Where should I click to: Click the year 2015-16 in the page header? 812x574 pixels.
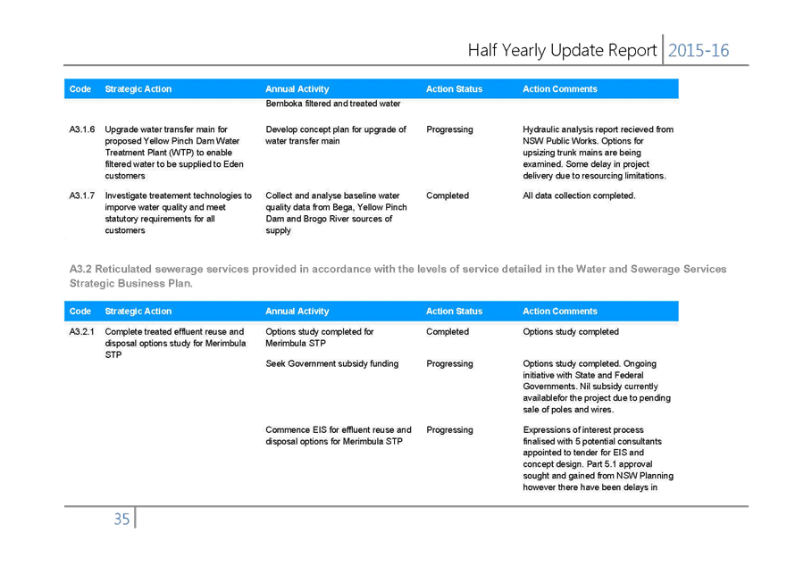point(698,51)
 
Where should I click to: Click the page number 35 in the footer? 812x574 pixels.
point(121,519)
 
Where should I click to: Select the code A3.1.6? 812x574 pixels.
point(82,129)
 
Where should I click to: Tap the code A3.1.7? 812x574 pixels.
point(82,195)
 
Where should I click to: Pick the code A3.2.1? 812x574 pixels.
point(82,332)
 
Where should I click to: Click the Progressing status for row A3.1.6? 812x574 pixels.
point(449,129)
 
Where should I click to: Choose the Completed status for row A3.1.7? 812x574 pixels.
point(448,195)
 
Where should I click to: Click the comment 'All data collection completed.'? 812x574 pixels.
point(579,195)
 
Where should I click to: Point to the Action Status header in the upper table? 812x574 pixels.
point(454,89)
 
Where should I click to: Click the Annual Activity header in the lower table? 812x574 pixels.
point(297,312)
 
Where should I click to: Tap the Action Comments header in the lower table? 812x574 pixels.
point(560,312)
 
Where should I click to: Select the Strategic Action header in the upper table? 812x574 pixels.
point(138,89)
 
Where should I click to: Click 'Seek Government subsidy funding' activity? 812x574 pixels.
point(332,364)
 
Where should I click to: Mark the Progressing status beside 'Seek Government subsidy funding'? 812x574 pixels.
point(449,364)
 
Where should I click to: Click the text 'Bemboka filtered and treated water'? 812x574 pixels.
point(333,104)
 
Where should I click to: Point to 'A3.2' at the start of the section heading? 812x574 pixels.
point(80,269)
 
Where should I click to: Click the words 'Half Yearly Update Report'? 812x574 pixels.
point(563,51)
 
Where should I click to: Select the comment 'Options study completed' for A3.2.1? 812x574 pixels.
point(571,332)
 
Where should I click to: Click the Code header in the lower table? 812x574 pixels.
point(80,312)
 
